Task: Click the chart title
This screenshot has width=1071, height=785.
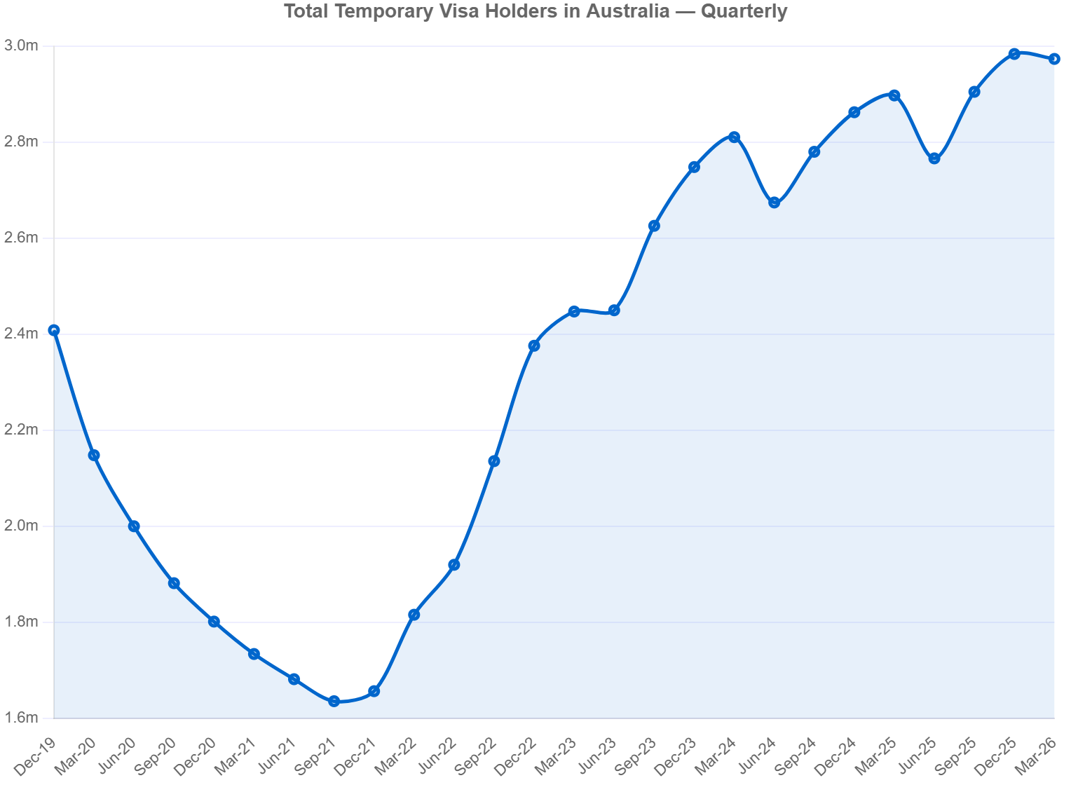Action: [x=535, y=12]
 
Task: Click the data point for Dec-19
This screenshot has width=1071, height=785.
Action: [x=54, y=330]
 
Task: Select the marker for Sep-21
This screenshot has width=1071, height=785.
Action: [x=334, y=700]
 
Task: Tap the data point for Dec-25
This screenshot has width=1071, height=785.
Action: [x=1014, y=53]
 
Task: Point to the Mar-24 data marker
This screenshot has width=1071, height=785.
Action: [x=734, y=137]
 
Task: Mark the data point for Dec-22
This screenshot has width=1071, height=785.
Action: [x=533, y=345]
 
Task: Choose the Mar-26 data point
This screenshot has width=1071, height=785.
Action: [x=1053, y=59]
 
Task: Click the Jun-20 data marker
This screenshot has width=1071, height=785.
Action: [x=134, y=526]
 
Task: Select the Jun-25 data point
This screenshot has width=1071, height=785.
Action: [x=934, y=158]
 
